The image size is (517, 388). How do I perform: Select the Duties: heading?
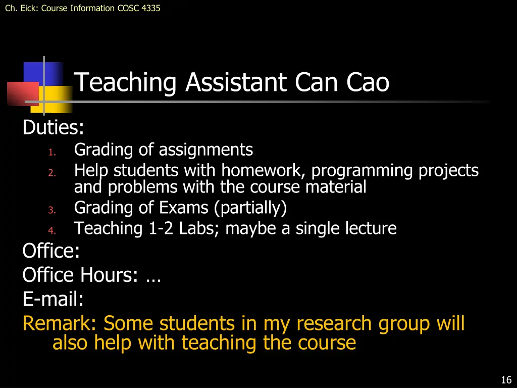click(x=53, y=128)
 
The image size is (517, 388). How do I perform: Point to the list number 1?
click(x=51, y=152)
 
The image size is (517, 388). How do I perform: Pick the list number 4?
click(x=51, y=231)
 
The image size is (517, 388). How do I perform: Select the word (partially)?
click(x=250, y=208)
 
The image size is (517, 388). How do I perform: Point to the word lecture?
click(x=371, y=228)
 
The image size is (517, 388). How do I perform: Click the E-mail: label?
click(x=53, y=300)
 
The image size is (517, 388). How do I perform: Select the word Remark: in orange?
click(x=61, y=323)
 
